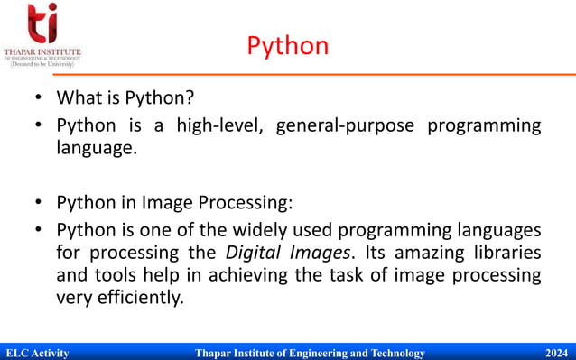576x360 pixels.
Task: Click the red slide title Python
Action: [288, 45]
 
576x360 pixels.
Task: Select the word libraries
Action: [504, 252]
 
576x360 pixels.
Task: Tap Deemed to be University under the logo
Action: [42, 65]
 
